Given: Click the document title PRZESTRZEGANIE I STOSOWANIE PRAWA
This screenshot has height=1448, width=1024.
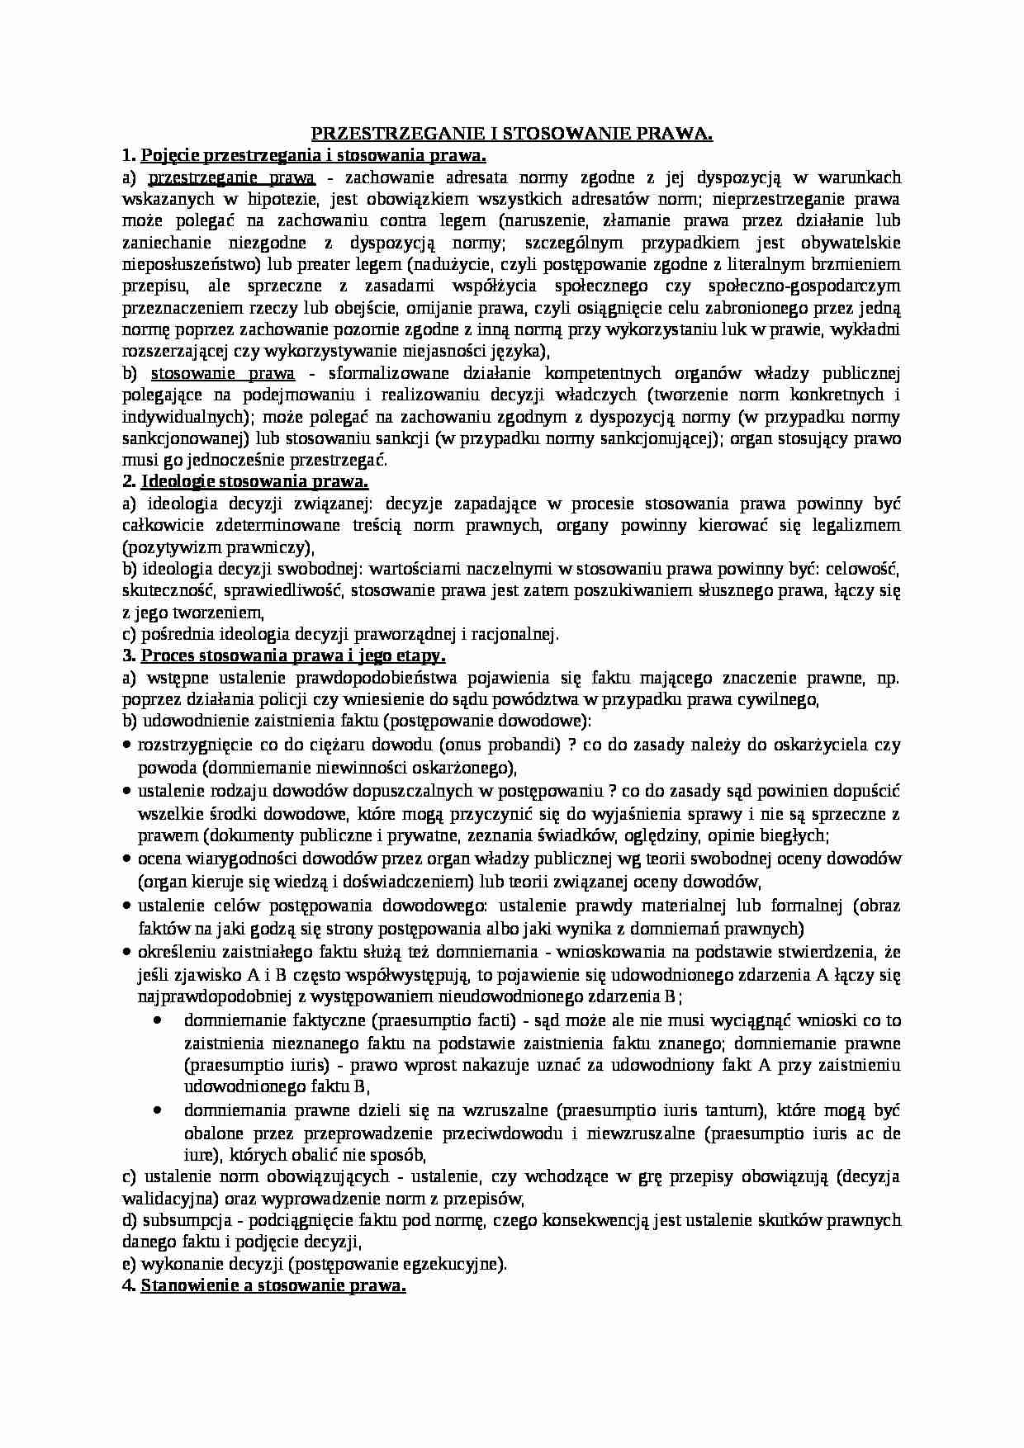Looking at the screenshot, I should coord(511,134).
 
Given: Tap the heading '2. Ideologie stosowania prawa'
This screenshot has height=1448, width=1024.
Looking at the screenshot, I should coord(245,481).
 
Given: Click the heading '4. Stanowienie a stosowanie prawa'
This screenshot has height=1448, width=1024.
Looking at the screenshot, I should coord(264,1286).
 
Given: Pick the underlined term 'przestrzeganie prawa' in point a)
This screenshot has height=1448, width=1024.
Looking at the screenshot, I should coord(231,177).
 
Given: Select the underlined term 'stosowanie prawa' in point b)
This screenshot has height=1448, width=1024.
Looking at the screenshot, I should coord(222,373).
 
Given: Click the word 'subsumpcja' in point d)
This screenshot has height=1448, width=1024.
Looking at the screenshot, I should coord(183,1220).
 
